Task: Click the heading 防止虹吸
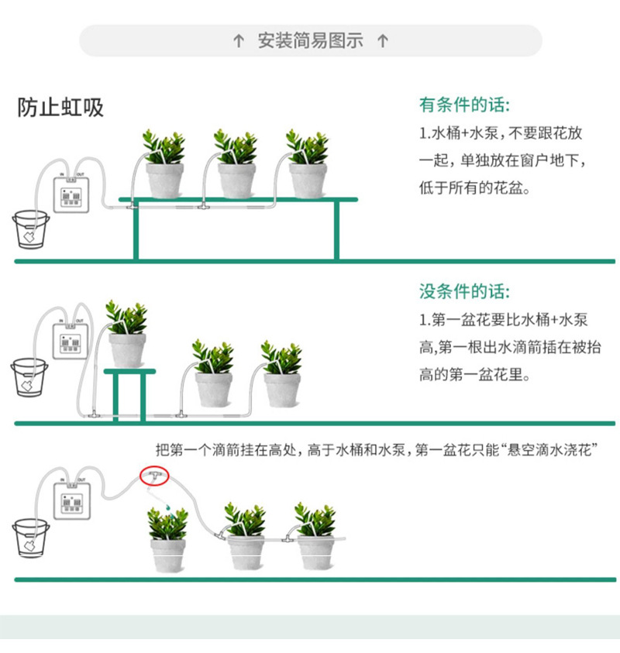[x=60, y=108]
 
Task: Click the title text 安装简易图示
[x=310, y=41]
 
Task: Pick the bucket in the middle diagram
[x=29, y=376]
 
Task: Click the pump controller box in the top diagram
[x=71, y=194]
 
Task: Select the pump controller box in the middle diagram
[x=71, y=341]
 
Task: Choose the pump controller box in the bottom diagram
[x=71, y=500]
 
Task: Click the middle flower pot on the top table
[x=236, y=179]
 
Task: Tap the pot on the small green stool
[x=127, y=349]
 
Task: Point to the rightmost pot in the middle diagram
[x=282, y=389]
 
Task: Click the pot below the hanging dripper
[x=168, y=553]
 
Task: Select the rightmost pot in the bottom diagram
[x=315, y=552]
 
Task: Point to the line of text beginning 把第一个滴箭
[x=377, y=449]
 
